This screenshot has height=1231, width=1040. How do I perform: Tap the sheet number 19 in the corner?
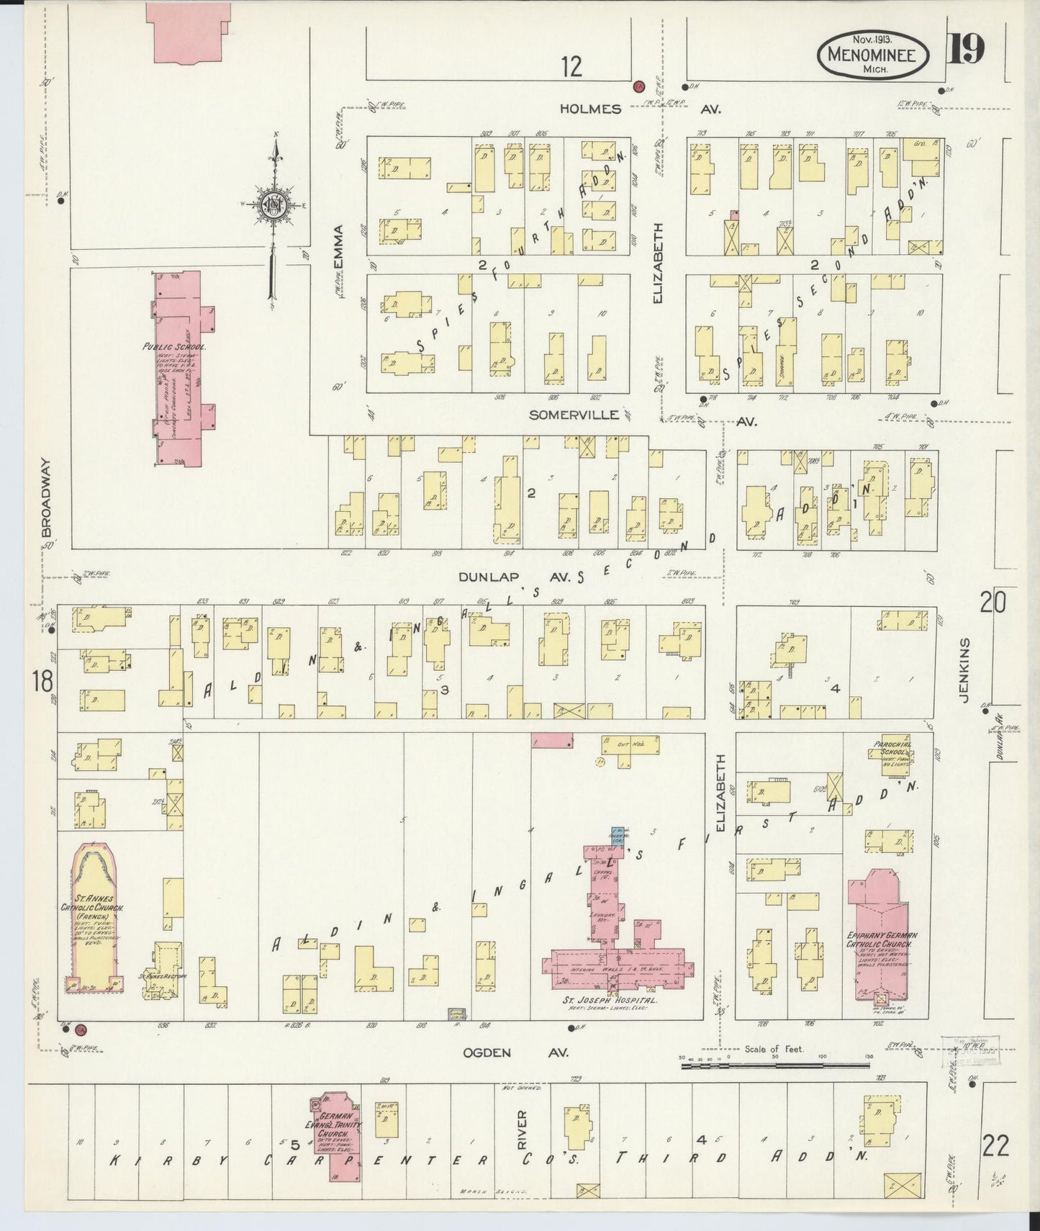point(966,50)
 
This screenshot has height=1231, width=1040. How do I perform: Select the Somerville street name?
point(574,415)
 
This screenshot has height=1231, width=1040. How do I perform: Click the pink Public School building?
point(180,367)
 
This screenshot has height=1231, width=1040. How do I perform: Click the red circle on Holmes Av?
point(638,86)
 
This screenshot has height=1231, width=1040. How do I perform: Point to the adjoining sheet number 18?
point(40,679)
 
